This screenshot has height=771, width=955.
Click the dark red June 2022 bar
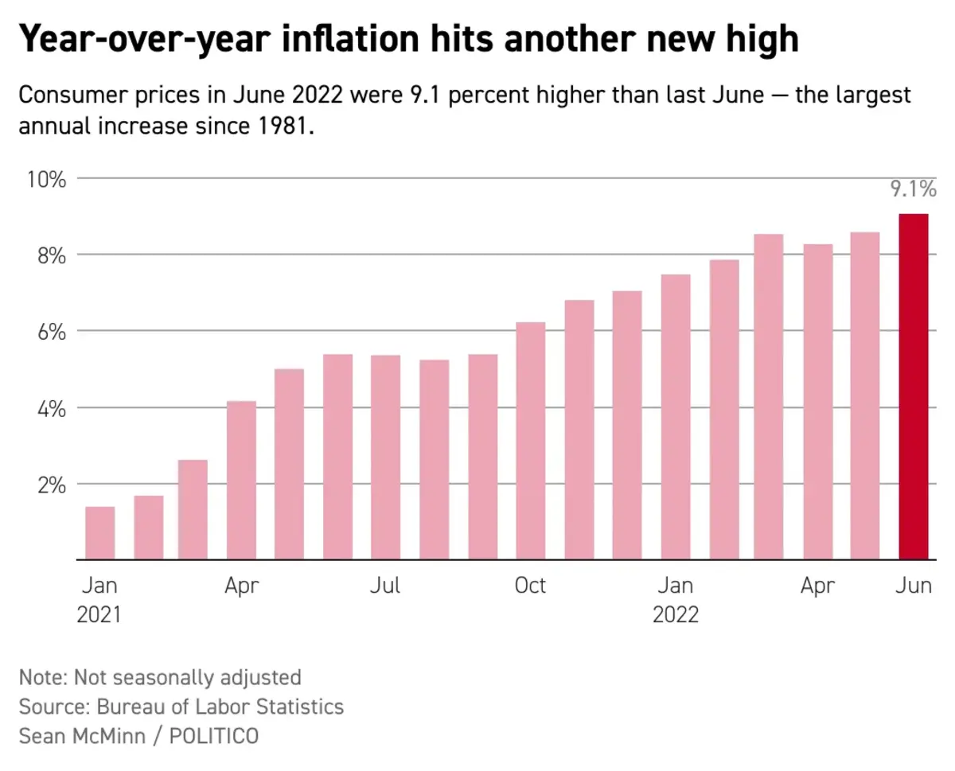click(913, 387)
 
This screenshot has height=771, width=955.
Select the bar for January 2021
click(99, 533)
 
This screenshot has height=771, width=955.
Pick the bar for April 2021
click(241, 481)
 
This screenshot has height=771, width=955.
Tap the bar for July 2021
click(385, 458)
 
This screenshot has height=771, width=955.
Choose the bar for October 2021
click(530, 441)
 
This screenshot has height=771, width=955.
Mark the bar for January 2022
click(676, 417)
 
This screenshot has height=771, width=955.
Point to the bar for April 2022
click(817, 402)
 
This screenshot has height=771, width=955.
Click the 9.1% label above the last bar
click(913, 190)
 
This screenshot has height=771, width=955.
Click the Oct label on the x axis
click(530, 586)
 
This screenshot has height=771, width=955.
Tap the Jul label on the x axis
click(385, 586)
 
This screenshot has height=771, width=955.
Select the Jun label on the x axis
click(913, 586)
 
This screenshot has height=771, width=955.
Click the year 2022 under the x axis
click(675, 615)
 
